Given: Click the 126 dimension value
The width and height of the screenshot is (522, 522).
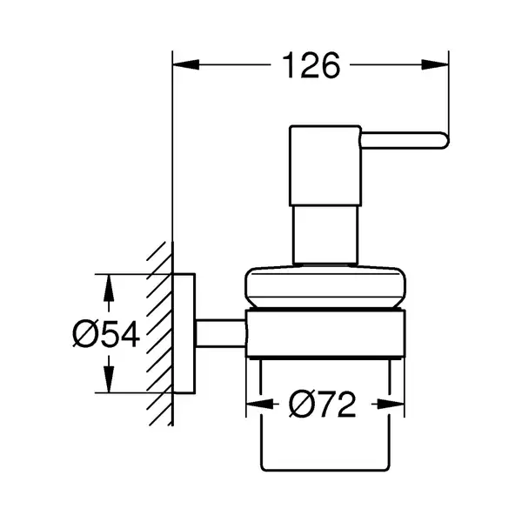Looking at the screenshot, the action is point(311,65).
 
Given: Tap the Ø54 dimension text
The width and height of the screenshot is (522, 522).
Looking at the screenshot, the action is point(106,333).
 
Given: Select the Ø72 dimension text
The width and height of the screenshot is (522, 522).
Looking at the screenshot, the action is point(322,405).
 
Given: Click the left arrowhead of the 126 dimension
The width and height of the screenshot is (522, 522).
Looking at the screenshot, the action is point(186,64).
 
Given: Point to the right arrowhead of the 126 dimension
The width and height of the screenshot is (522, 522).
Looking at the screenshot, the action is point(435,64).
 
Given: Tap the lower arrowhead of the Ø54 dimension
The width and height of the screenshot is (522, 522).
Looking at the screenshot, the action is point(109,378).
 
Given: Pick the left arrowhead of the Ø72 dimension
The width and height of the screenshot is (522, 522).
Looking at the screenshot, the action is point(258,405).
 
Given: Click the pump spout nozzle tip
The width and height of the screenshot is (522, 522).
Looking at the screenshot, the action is point(446,140).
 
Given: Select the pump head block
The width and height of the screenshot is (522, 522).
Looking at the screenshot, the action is point(325,165).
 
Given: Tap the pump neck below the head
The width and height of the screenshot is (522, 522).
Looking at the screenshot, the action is point(325,235).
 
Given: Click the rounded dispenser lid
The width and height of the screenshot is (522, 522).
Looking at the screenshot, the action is point(325,287).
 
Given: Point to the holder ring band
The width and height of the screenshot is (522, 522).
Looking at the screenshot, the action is point(325,334).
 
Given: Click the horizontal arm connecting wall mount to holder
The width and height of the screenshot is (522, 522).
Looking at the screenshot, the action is point(220,333).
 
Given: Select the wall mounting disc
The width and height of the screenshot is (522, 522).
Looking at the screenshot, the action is point(184,333).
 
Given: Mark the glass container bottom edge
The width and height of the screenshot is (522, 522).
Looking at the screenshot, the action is point(325,470).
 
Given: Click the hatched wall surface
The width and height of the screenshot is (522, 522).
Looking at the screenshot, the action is point(160,333).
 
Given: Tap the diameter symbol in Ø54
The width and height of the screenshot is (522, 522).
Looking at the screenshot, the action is point(85,333).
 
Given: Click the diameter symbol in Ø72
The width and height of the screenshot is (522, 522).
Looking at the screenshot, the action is point(301,405).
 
